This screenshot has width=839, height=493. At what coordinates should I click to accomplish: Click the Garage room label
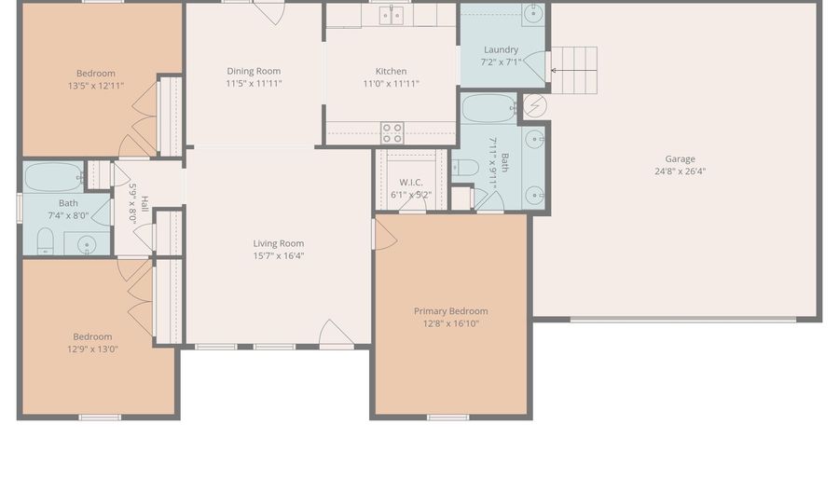pyautogui.click(x=681, y=158)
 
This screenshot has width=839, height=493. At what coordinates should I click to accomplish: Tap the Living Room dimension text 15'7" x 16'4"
pyautogui.click(x=278, y=255)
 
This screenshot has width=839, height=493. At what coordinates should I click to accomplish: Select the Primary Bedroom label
pyautogui.click(x=450, y=311)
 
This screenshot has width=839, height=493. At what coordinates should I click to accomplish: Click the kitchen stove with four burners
pyautogui.click(x=392, y=133)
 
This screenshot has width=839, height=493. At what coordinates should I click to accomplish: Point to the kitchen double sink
pyautogui.click(x=392, y=16)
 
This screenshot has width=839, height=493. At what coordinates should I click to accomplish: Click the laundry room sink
pyautogui.click(x=533, y=14)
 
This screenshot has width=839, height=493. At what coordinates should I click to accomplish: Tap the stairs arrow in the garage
pyautogui.click(x=573, y=70)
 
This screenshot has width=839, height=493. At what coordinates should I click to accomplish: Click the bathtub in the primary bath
pyautogui.click(x=489, y=109)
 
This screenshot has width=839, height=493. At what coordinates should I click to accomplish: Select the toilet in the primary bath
pyautogui.click(x=465, y=168)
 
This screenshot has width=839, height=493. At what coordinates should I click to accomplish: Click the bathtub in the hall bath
pyautogui.click(x=53, y=177)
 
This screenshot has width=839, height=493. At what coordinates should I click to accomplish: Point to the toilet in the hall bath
pyautogui.click(x=46, y=241)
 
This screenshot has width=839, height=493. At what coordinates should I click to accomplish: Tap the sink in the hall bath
pyautogui.click(x=87, y=245)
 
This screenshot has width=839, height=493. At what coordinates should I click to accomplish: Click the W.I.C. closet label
pyautogui.click(x=411, y=183)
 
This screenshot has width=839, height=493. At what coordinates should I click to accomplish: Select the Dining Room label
pyautogui.click(x=254, y=71)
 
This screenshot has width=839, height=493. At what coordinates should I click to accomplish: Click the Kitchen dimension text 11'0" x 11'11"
pyautogui.click(x=392, y=84)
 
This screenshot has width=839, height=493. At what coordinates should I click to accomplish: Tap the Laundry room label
pyautogui.click(x=501, y=49)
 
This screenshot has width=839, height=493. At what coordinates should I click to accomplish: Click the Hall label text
pyautogui.click(x=144, y=204)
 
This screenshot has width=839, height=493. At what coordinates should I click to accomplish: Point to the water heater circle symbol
pyautogui.click(x=534, y=106)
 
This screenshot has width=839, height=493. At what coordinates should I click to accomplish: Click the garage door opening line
pyautogui.click(x=683, y=320)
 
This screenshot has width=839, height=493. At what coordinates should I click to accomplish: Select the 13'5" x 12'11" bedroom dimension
pyautogui.click(x=96, y=86)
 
